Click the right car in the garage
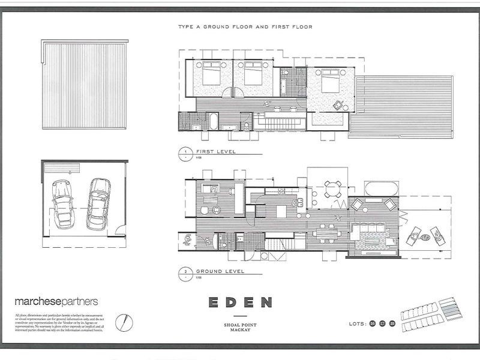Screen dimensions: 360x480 97,202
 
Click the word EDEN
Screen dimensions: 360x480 241,301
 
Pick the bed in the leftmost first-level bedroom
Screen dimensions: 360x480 209,76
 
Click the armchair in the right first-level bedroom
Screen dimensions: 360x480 339,104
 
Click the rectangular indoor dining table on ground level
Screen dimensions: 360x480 325,229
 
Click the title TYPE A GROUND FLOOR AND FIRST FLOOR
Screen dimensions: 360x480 245,27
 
